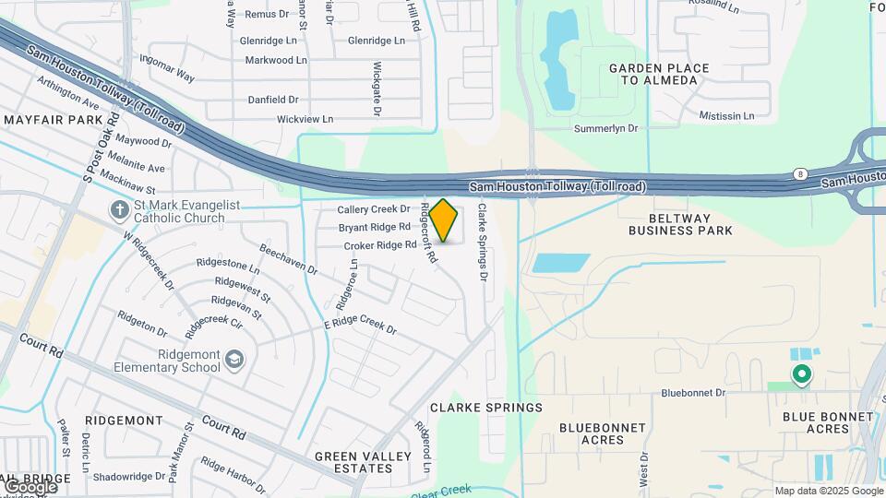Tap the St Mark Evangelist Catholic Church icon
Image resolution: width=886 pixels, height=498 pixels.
[x=119, y=210]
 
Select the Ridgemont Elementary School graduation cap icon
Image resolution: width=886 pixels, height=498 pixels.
[x=235, y=359]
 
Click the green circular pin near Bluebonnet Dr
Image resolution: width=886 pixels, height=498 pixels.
[x=801, y=373]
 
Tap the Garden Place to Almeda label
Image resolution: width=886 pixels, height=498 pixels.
[x=659, y=75]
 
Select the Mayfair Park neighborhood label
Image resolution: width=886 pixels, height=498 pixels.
[x=52, y=121]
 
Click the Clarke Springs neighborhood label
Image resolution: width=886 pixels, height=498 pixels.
[x=486, y=407]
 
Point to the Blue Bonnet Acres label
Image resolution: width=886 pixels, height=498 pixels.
[x=828, y=422]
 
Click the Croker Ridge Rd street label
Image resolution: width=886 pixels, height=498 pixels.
[x=380, y=245]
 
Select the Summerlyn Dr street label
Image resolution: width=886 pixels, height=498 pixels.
[x=606, y=129]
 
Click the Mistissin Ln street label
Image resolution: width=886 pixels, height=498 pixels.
[x=726, y=116]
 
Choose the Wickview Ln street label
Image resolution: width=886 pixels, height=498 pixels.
[x=305, y=120]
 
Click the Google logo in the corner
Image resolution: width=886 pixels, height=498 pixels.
[x=30, y=486]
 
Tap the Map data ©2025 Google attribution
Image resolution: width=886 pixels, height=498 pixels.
[x=827, y=491]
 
